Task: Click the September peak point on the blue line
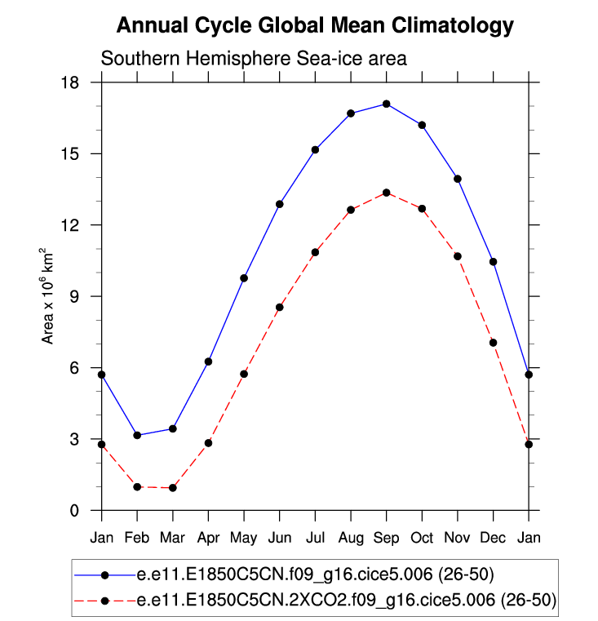[386, 104]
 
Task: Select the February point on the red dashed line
[137, 486]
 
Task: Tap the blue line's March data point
[173, 428]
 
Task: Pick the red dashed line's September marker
[386, 193]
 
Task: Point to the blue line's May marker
[244, 278]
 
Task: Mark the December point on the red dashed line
[494, 343]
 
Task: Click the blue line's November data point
[458, 179]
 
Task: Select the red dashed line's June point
[280, 308]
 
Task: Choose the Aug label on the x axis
[351, 538]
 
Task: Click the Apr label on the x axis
[208, 538]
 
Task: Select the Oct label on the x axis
[422, 538]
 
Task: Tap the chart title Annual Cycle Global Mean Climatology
[315, 25]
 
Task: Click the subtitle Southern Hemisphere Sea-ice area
[253, 59]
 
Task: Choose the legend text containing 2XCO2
[346, 601]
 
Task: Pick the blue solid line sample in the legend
[104, 575]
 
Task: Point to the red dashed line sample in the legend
[104, 601]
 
